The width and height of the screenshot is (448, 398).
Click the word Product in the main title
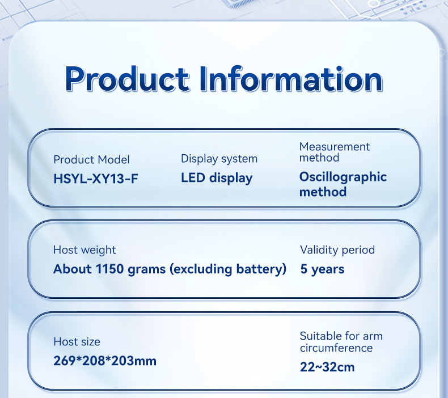(x=127, y=79)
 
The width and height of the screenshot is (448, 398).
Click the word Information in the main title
(x=291, y=79)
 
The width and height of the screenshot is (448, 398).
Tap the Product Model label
(x=91, y=159)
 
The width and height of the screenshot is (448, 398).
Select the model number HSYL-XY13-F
(x=96, y=179)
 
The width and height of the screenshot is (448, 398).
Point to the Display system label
(x=219, y=159)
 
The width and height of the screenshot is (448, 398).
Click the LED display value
(x=217, y=178)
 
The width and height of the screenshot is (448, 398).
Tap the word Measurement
(x=335, y=147)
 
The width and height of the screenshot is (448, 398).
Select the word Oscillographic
(x=343, y=177)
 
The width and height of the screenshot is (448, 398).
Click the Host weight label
(x=84, y=250)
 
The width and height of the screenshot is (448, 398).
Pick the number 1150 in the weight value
(x=109, y=269)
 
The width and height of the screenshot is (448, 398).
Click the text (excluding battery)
(x=228, y=269)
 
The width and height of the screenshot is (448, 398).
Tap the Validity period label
(x=337, y=250)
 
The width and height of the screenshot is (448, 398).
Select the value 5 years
(x=322, y=269)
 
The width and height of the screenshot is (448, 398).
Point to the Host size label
(x=77, y=342)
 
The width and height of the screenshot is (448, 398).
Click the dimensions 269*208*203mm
(x=105, y=361)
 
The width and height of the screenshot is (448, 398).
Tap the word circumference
(x=336, y=348)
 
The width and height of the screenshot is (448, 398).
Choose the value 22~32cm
(x=327, y=367)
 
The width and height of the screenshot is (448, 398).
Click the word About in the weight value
(x=72, y=269)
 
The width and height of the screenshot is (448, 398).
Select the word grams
(x=146, y=270)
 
